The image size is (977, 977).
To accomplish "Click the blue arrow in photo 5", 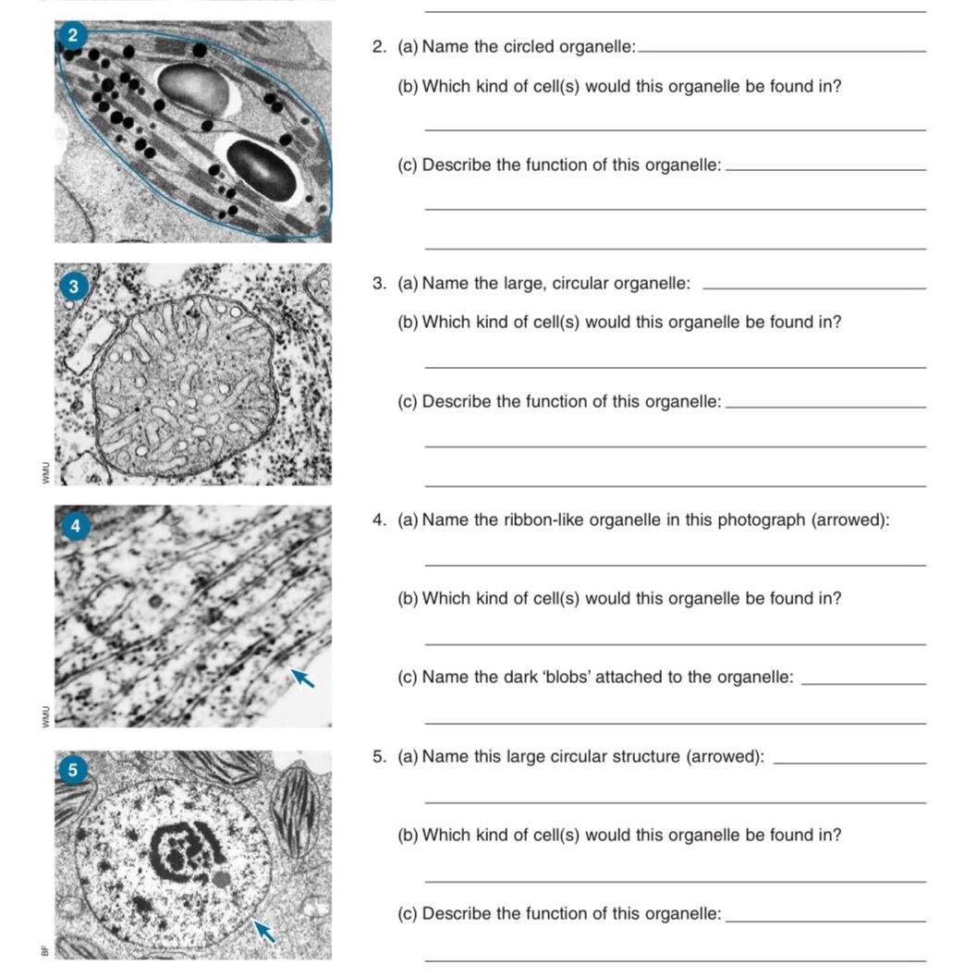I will [x=265, y=932].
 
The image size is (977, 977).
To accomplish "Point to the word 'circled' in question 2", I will [x=533, y=47].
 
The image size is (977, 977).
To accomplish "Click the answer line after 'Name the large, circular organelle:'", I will [x=813, y=288].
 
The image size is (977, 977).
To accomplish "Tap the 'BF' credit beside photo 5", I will [x=42, y=949].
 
